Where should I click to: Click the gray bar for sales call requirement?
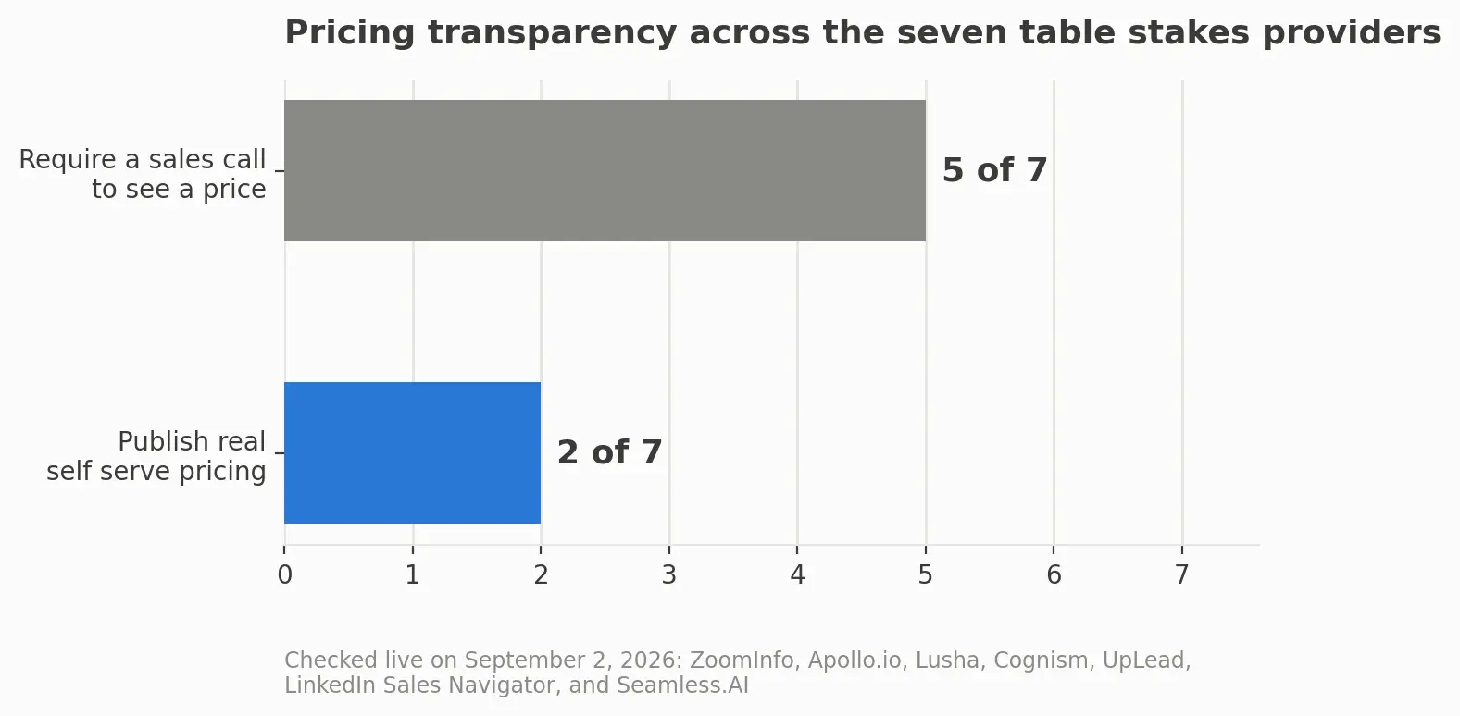click(x=605, y=171)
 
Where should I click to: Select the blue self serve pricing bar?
click(x=413, y=452)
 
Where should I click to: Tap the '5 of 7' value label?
click(x=994, y=171)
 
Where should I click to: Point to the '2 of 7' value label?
click(x=609, y=452)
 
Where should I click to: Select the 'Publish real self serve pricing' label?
click(x=156, y=456)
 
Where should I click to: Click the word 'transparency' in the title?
click(x=552, y=33)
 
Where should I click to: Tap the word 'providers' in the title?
click(x=1351, y=33)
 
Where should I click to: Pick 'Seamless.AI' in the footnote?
click(x=682, y=685)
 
